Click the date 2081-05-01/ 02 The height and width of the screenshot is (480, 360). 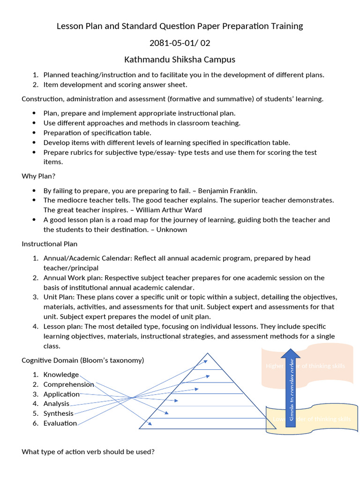[x=180, y=43]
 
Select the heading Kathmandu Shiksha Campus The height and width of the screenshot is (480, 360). [x=180, y=60]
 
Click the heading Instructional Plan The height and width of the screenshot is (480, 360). [x=50, y=244]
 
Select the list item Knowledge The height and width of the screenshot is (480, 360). [x=61, y=375]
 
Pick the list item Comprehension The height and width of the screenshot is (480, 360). [x=68, y=384]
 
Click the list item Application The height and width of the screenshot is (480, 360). [x=61, y=394]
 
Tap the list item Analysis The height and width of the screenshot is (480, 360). [x=56, y=404]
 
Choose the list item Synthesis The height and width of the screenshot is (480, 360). [x=58, y=413]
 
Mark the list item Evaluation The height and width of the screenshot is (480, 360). [x=60, y=423]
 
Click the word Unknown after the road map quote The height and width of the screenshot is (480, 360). [x=172, y=230]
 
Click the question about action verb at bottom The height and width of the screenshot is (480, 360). [x=88, y=452]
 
